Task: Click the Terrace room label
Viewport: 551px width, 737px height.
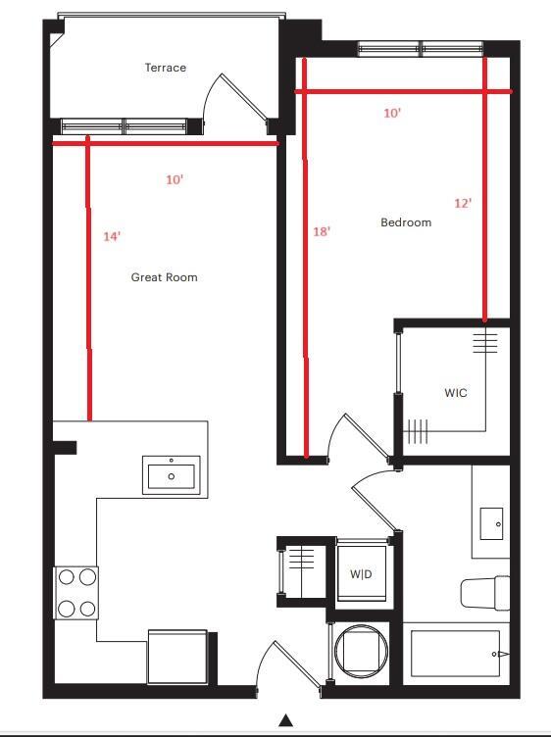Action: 165,68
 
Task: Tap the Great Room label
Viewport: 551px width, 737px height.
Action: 164,277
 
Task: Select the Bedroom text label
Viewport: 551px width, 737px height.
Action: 405,222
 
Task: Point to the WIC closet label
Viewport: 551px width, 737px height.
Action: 455,393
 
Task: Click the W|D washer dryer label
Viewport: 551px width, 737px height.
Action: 361,573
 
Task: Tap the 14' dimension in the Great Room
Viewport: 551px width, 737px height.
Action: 112,236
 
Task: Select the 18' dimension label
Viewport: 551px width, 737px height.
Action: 321,231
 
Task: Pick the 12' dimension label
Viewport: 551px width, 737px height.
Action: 463,203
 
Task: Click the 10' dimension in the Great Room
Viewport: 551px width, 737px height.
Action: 175,180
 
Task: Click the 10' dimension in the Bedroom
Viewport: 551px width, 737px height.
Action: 392,113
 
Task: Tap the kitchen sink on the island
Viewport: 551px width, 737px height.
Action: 172,476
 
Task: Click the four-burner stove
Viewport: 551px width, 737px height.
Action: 76,593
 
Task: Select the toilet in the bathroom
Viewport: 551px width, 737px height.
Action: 483,593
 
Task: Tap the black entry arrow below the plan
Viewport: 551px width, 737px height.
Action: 285,721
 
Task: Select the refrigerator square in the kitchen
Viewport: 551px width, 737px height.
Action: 177,656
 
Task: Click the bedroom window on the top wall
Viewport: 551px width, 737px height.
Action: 421,47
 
